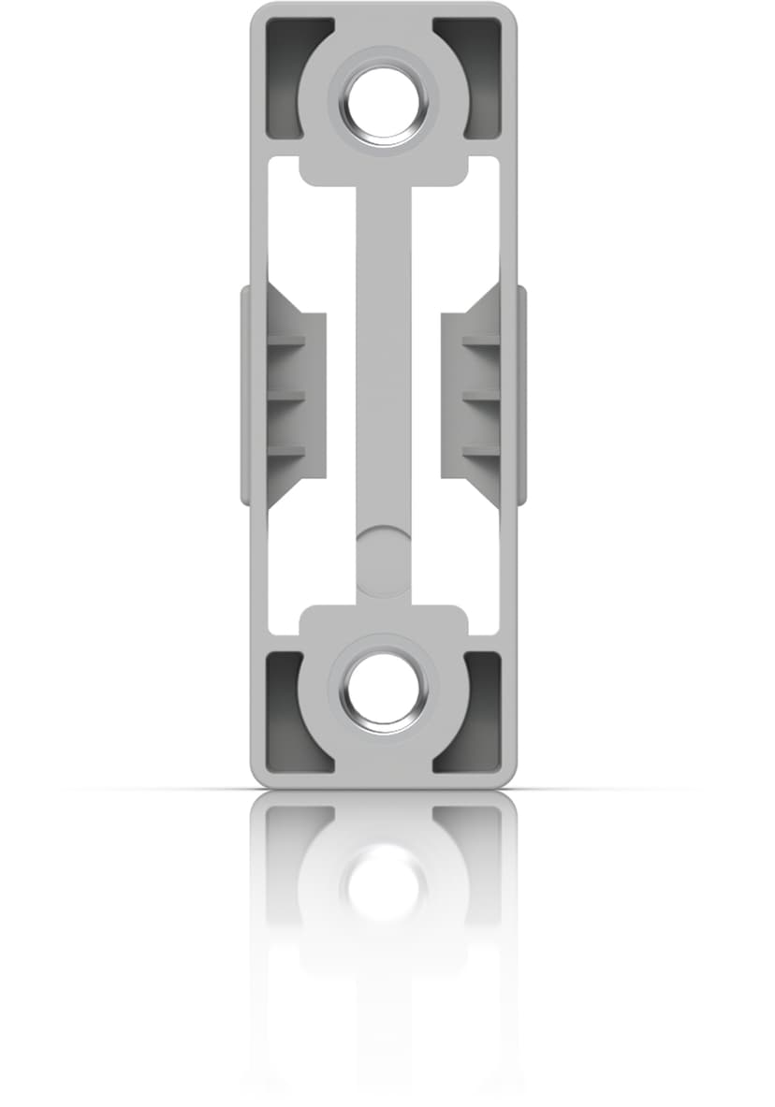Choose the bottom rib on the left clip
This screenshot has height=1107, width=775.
tap(285, 452)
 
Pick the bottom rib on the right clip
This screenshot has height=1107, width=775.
tap(481, 452)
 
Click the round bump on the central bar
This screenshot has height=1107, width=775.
tap(382, 552)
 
